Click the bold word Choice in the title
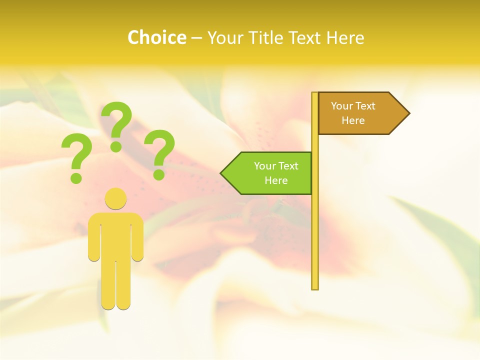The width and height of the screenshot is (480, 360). coord(156,37)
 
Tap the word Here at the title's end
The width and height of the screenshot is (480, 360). coord(344,37)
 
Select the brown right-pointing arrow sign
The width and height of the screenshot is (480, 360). coord(360,113)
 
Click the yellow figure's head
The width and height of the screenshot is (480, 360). coord(115,198)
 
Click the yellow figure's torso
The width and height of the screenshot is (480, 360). coord(115,235)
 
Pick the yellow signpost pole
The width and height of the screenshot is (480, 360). coord(315,225)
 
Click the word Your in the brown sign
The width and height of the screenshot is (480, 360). coord(341,106)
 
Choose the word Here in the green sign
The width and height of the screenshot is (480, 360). coord(276,180)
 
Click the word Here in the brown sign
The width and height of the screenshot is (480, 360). coord(353,120)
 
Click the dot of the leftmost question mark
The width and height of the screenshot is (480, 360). coord(76,178)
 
